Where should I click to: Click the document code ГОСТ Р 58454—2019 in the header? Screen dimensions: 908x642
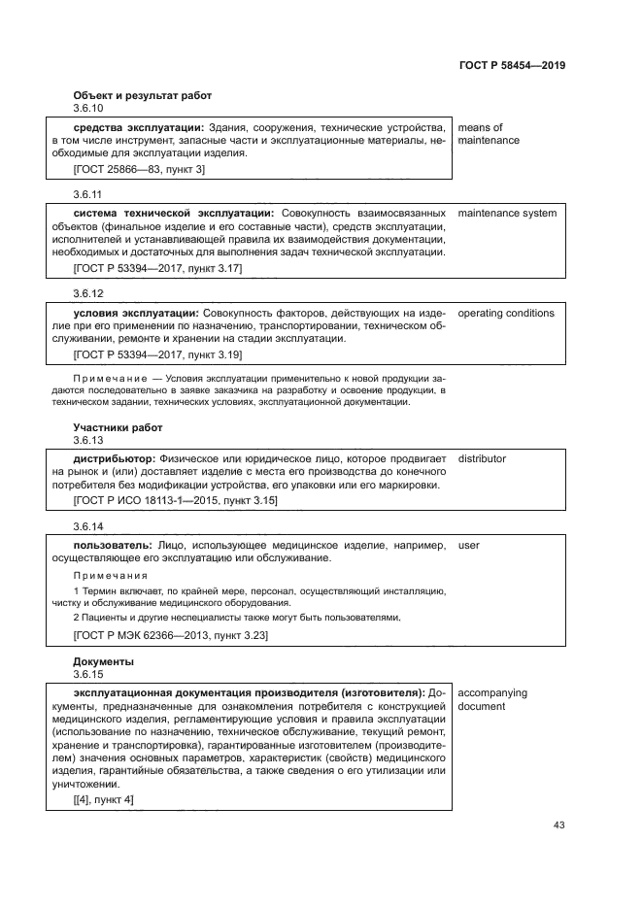coord(511,65)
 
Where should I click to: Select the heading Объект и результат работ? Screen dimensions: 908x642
coord(142,95)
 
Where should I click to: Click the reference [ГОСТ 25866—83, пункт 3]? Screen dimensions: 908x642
coord(139,169)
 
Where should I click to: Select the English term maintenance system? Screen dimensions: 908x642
coord(507,213)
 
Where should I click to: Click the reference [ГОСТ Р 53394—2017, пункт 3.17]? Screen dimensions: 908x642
coord(157,267)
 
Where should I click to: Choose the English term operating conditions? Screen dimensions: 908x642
coord(505,314)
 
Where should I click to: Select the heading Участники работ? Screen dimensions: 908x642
coord(118,427)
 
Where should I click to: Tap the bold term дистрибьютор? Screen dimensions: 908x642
coord(115,458)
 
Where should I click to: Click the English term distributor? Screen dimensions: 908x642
coord(482,458)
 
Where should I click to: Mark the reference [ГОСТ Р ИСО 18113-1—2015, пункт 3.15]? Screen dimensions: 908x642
coord(175,500)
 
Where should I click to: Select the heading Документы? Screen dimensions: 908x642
coord(103,660)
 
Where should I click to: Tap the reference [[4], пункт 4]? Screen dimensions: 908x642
coord(104,799)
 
